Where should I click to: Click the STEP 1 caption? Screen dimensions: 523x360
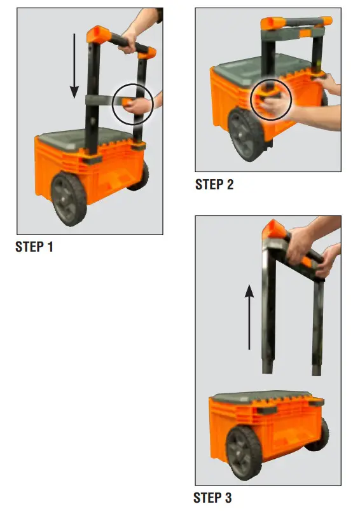coord(34,247)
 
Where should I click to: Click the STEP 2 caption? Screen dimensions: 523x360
coord(214,185)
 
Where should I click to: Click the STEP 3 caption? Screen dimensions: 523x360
coord(212,498)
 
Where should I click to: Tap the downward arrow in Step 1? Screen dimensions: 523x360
coord(74,63)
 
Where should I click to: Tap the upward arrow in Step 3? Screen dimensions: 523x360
coord(250,318)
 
